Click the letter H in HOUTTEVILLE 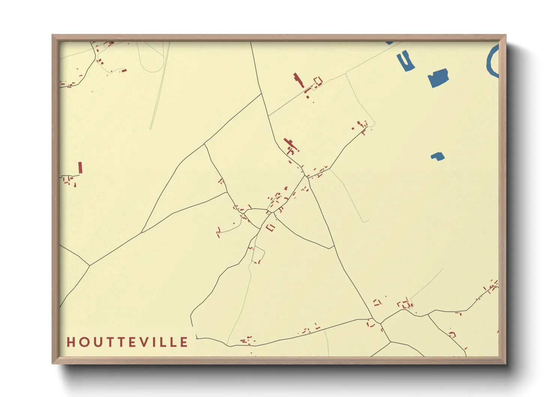70,342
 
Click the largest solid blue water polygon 438,78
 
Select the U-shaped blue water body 406,61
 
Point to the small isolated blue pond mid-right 438,156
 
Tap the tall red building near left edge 80,167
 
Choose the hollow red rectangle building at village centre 270,227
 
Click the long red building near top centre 299,80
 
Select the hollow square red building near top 318,81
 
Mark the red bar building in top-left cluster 123,70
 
